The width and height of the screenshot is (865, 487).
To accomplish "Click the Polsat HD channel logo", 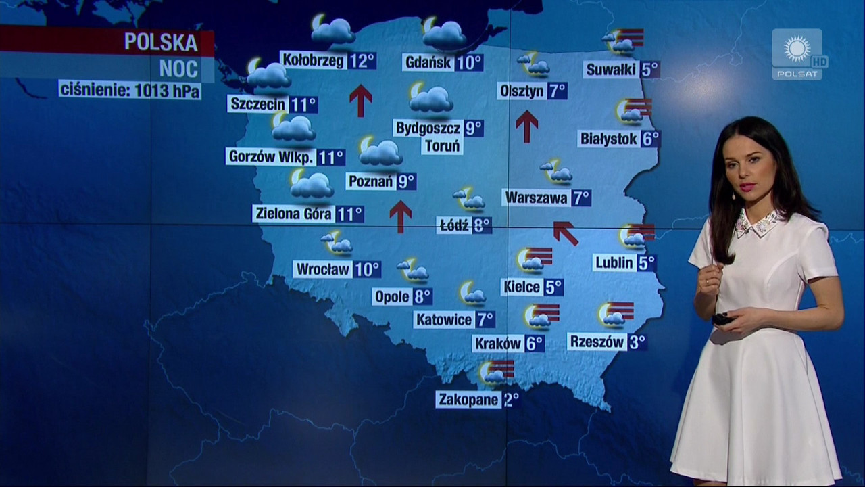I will click(798, 54).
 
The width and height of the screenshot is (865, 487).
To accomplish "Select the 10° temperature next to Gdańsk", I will click(468, 63).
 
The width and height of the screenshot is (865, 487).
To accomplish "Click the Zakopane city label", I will click(468, 399).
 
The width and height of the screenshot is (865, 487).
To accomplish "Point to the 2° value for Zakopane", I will click(510, 399).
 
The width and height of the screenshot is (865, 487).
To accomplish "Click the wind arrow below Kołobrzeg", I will click(361, 100).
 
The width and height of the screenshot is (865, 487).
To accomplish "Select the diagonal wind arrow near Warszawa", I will click(566, 232).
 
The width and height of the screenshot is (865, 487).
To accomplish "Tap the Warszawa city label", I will click(536, 198).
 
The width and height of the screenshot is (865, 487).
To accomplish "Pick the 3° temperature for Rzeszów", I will click(637, 342).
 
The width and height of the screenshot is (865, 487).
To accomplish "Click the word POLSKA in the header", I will click(161, 43).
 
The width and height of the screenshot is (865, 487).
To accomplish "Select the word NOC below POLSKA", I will click(178, 68).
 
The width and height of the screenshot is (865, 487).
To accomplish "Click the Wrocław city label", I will click(323, 269).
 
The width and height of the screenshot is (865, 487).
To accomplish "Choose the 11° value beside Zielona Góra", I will click(349, 214).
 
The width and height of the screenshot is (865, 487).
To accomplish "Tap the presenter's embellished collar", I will click(760, 223).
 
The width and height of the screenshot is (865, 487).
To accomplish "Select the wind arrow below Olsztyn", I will click(526, 126).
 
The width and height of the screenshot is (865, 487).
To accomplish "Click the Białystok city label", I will click(608, 139).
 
